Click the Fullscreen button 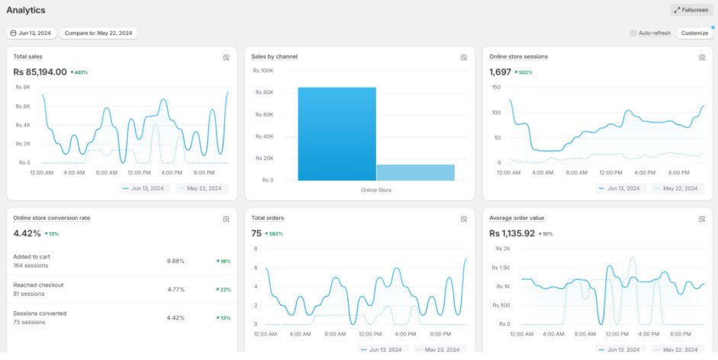[691, 10]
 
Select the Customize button [694, 33]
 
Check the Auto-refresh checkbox [633, 33]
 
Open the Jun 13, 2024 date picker [31, 33]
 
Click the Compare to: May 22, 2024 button [98, 33]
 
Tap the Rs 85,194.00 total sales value [40, 72]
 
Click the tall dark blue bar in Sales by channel [337, 133]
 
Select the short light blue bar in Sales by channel [416, 172]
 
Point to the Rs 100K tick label [263, 70]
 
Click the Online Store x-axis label [376, 190]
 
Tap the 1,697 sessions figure [500, 72]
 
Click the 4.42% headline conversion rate [27, 233]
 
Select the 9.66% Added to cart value [175, 261]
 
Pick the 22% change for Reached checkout [223, 290]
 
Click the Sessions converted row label [40, 313]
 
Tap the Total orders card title [267, 218]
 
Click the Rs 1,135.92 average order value [512, 233]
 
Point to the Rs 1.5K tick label [501, 268]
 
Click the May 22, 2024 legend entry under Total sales [201, 188]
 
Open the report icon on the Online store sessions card [702, 58]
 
